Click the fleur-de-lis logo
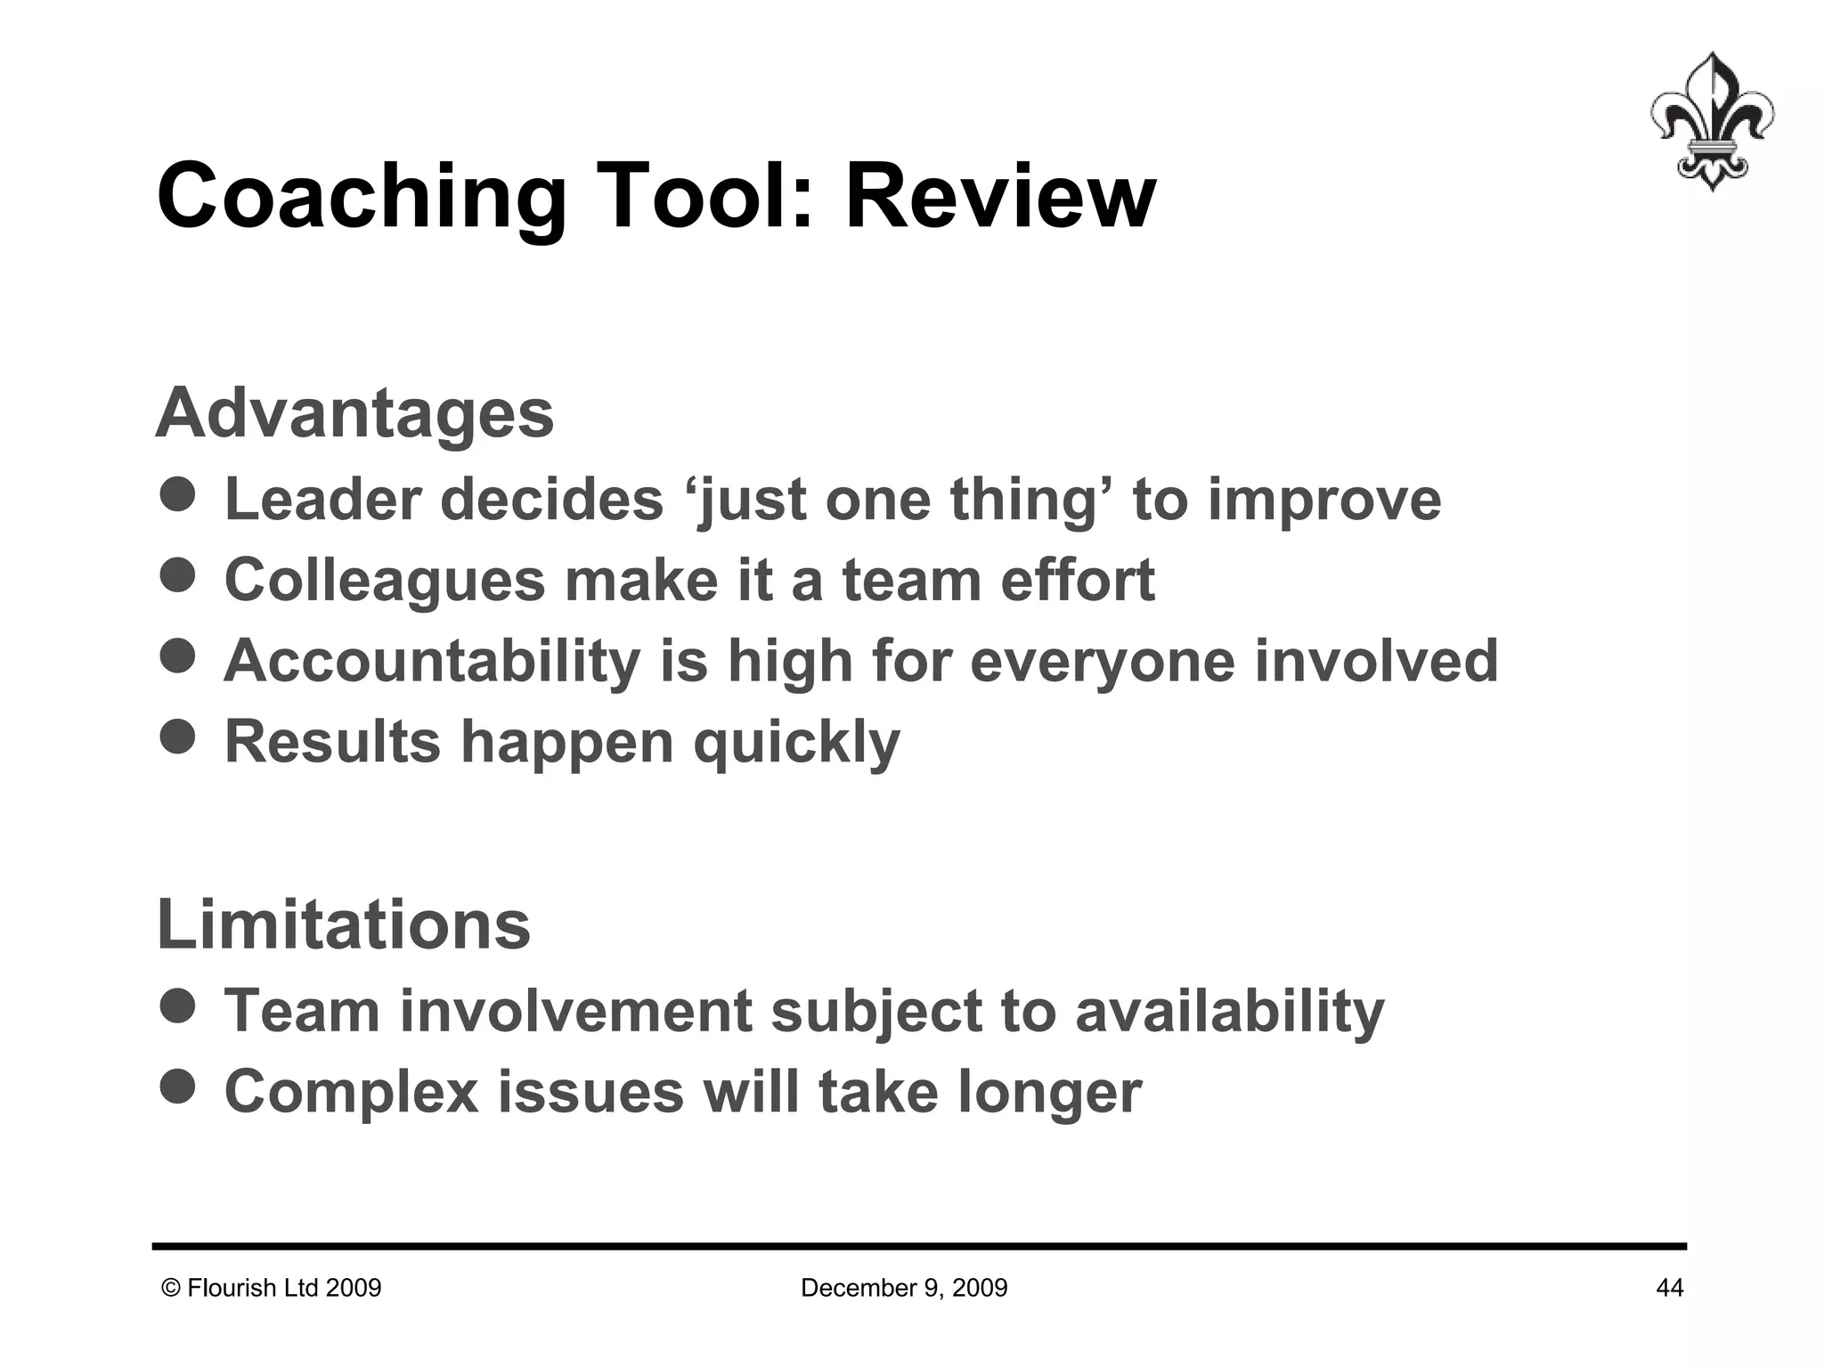coord(1711,122)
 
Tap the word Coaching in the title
coord(361,198)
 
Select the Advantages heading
coord(354,413)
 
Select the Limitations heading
coord(343,924)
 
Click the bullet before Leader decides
coord(178,494)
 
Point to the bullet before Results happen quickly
coord(178,737)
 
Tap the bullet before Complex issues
coord(178,1087)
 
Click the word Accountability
coord(432,661)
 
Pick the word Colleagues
coord(384,581)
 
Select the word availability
coord(1230,1012)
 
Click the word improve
coord(1323,501)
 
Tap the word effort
coord(1077,581)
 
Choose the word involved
coord(1376,661)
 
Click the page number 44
coord(1669,1288)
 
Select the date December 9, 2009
coord(904,1288)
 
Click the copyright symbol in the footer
coord(171,1288)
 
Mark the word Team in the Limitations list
coord(301,1012)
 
